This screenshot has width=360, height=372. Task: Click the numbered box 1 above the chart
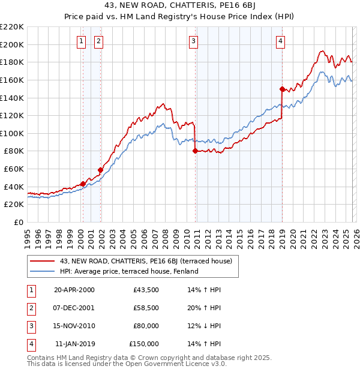[81, 41]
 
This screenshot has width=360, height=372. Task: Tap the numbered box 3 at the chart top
[194, 41]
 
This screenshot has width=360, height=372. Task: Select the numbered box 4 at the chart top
[280, 41]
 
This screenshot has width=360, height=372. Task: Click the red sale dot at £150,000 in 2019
[281, 89]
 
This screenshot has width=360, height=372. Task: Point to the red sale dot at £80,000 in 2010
[195, 151]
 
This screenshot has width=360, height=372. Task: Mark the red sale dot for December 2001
[100, 170]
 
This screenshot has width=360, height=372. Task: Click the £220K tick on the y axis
[12, 27]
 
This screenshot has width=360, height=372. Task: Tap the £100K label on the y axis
[12, 133]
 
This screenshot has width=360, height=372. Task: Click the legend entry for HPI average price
[128, 271]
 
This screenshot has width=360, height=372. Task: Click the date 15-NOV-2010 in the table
[74, 326]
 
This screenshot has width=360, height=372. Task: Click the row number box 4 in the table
[29, 344]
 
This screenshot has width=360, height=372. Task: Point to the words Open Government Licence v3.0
[176, 364]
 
